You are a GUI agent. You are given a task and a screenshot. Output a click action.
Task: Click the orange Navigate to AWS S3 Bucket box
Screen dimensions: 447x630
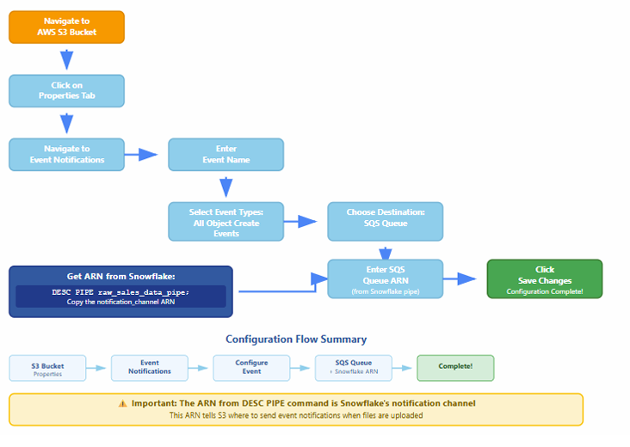(66, 27)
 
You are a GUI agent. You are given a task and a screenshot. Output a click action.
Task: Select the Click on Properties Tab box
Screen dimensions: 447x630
(66, 90)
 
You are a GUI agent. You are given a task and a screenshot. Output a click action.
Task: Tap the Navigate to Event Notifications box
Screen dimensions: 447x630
(66, 155)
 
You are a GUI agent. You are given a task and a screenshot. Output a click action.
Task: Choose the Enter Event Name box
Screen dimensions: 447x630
(225, 155)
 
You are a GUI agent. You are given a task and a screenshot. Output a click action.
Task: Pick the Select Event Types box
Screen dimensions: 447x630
(225, 222)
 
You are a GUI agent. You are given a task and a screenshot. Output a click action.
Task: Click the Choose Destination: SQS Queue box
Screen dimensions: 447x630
(385, 222)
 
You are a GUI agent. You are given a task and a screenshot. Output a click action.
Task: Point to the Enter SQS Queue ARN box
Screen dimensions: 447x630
(385, 279)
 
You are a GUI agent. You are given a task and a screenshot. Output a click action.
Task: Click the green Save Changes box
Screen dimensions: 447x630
(544, 279)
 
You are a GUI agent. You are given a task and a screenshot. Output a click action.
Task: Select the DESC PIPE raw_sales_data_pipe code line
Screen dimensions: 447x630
(120, 292)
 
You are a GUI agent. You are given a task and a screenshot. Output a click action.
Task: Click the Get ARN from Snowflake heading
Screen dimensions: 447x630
(120, 277)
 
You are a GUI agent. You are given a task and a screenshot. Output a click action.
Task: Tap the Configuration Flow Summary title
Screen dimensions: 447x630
(296, 340)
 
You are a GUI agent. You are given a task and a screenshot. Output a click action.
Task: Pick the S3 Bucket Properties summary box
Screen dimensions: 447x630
(47, 369)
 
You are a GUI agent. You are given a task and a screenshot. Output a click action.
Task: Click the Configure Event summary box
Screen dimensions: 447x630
(251, 368)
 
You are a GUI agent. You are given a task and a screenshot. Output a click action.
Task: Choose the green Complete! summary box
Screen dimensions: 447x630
(455, 368)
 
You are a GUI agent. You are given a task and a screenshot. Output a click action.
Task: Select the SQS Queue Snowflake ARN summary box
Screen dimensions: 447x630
(354, 368)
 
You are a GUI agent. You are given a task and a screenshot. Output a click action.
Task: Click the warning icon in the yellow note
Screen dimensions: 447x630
(122, 403)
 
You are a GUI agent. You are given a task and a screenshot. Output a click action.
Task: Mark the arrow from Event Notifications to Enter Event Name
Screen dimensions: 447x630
(145, 155)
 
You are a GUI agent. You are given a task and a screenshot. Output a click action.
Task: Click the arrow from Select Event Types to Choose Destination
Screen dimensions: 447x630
(304, 222)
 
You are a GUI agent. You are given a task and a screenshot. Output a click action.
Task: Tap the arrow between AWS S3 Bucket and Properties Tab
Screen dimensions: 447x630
(66, 58)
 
